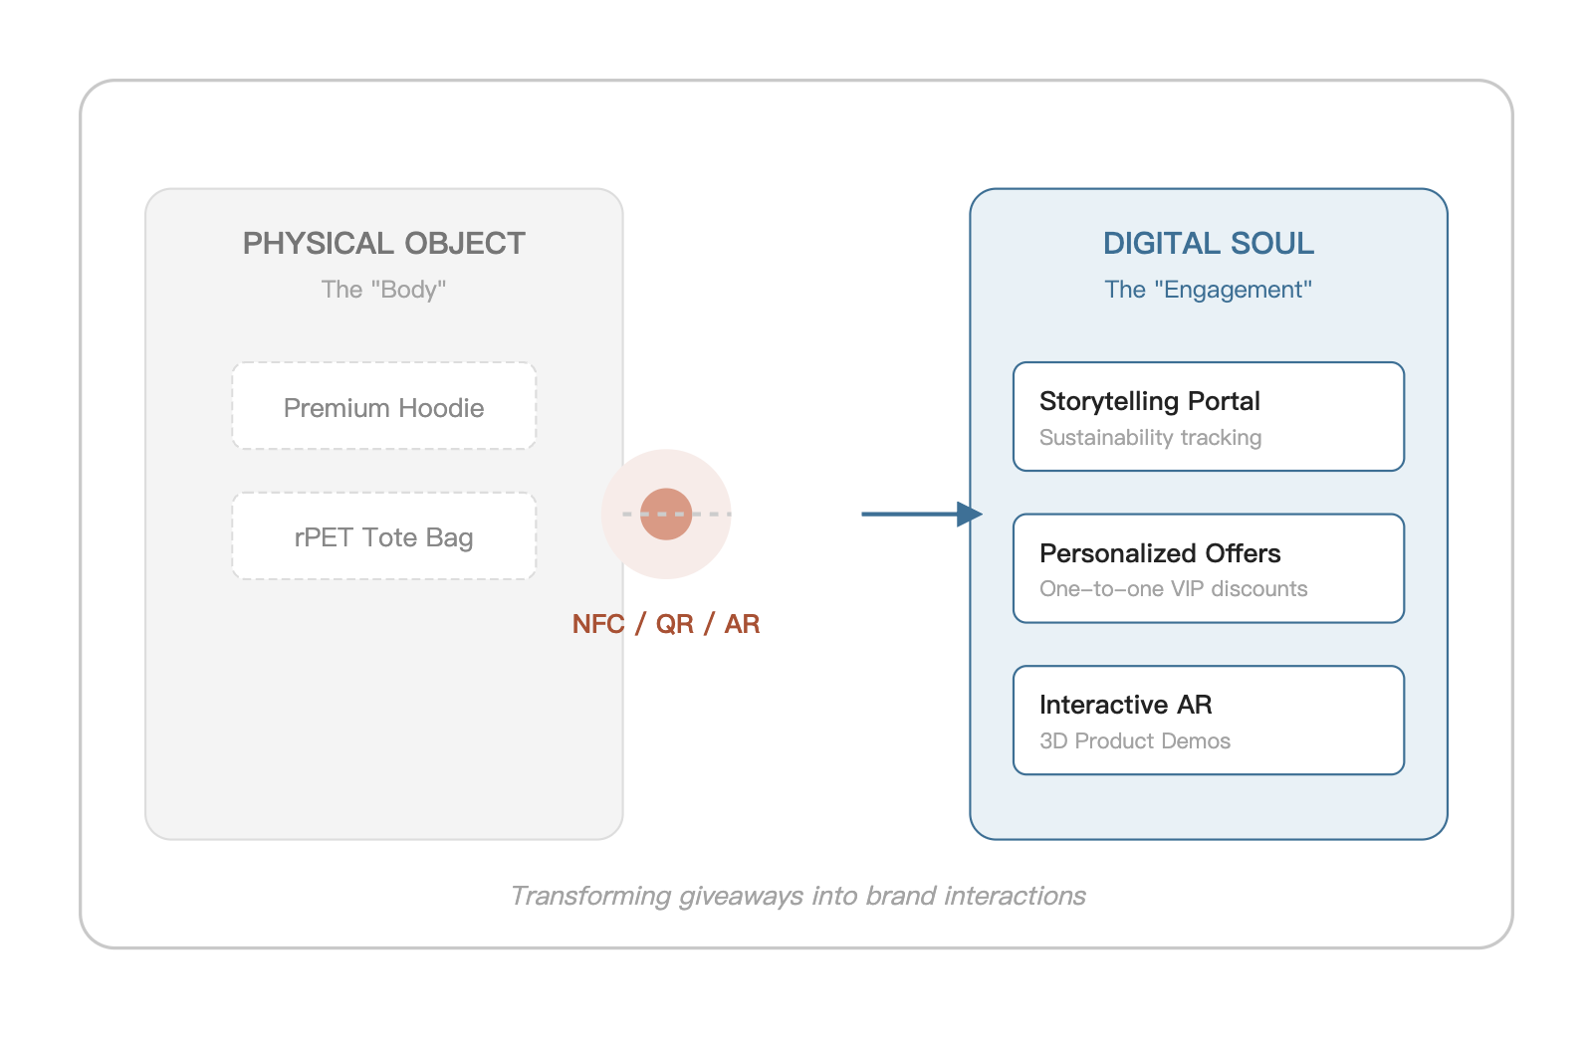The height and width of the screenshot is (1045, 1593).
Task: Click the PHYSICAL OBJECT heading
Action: [x=384, y=243]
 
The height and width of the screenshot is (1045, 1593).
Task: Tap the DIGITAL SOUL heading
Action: [x=1209, y=243]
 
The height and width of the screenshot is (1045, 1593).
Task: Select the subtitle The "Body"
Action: [x=383, y=290]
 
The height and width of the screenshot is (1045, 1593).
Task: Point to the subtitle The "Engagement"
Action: [x=1209, y=290]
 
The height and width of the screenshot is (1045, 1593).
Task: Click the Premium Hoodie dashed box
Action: [x=384, y=406]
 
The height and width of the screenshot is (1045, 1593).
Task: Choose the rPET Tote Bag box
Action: [x=384, y=536]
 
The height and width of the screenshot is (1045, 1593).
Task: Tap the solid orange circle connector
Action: [x=666, y=514]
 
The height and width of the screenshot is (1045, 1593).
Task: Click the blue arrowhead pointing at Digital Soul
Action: [x=970, y=514]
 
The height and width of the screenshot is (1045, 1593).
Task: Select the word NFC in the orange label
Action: [x=598, y=624]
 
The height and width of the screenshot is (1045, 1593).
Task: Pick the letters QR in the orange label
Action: [x=674, y=624]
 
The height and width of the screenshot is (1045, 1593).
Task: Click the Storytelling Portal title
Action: [x=1149, y=402]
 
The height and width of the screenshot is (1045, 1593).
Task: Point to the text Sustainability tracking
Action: [x=1151, y=437]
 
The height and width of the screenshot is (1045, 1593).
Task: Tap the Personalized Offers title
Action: [x=1160, y=553]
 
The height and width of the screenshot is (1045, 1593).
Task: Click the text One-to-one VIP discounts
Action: [x=1174, y=588]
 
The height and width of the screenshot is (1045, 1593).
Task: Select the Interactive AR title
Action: [x=1126, y=705]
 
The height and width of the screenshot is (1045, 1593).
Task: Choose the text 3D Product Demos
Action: [x=1135, y=740]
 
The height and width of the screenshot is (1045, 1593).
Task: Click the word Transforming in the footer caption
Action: [x=591, y=897]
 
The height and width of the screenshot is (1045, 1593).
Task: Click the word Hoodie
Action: [x=441, y=408]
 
